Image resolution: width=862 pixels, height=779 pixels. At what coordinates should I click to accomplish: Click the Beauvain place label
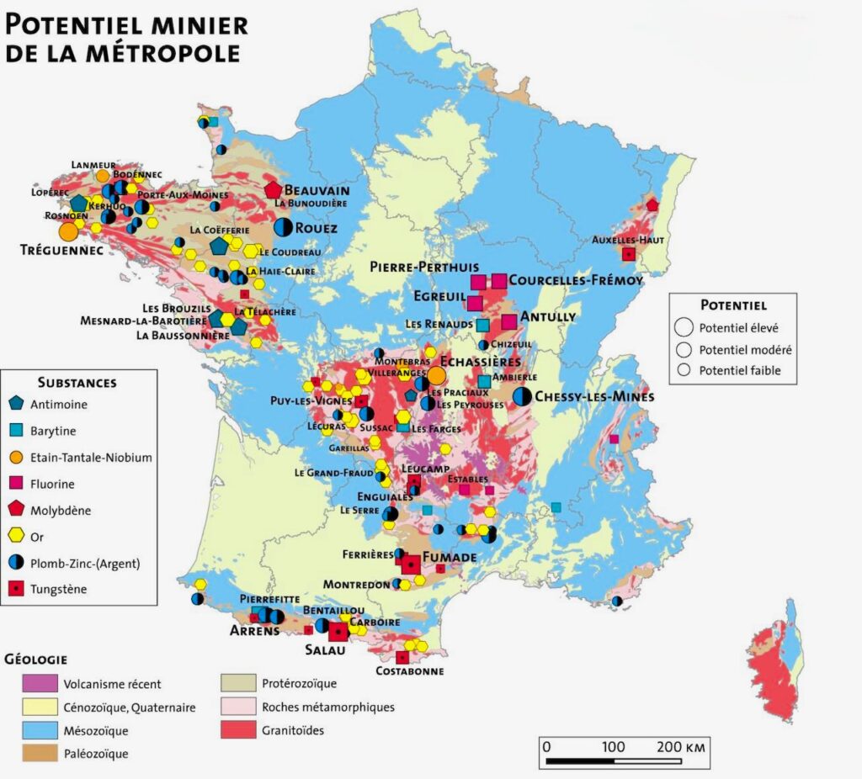coord(317,190)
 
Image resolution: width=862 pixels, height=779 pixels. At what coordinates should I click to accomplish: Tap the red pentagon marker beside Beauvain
coord(273,190)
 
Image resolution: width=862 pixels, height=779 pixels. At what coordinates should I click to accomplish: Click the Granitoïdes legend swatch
coord(239,730)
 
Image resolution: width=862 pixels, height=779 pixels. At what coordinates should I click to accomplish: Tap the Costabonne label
coord(408,671)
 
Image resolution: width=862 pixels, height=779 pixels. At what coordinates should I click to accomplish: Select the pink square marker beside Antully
coord(509,321)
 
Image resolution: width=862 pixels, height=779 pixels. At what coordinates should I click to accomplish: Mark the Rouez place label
coord(317,228)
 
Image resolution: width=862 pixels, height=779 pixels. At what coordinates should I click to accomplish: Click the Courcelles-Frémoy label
coord(576,280)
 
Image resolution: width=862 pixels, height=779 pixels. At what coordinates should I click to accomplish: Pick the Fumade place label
coord(449,557)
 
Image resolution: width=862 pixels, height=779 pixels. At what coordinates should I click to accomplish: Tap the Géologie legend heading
coord(36,659)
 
